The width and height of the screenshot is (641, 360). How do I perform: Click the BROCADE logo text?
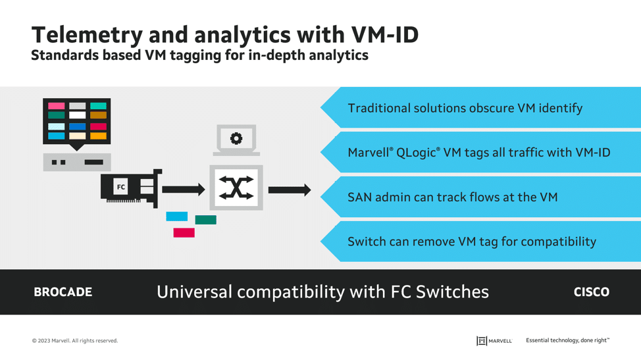point(63,292)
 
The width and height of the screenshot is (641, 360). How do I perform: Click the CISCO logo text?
point(592,292)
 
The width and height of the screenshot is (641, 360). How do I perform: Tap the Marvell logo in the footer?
point(494,341)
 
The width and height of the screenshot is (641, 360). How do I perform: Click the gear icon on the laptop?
point(236,138)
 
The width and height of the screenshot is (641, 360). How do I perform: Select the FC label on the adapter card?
point(121,187)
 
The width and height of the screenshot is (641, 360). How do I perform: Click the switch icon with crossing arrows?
point(236,188)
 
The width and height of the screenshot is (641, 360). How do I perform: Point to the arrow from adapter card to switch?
point(184,189)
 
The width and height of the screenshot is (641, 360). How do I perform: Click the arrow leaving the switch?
point(290,190)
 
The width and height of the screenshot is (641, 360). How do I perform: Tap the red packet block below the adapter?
point(184,232)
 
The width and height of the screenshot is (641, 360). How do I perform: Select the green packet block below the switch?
point(205,220)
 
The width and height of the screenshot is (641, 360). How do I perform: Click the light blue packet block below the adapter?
point(176,216)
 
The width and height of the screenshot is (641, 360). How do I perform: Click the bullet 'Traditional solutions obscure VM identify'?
point(465,109)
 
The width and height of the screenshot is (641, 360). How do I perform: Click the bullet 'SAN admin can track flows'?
point(453,197)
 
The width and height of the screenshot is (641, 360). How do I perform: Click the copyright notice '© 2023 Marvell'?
point(75,341)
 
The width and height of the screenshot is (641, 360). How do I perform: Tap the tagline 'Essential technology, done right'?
point(567,340)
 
